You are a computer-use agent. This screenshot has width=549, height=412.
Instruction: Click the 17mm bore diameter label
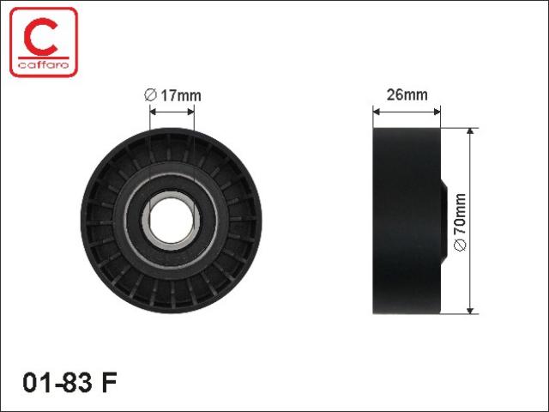pyautogui.click(x=172, y=95)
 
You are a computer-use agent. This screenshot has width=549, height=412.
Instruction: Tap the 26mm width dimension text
pyautogui.click(x=407, y=95)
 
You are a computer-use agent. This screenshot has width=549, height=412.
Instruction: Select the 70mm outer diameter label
pyautogui.click(x=460, y=221)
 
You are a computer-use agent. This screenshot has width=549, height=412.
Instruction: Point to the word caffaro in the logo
pyautogui.click(x=44, y=65)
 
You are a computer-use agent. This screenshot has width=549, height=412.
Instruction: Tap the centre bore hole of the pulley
pyautogui.click(x=172, y=221)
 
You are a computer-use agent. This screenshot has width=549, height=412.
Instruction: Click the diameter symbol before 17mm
pyautogui.click(x=150, y=95)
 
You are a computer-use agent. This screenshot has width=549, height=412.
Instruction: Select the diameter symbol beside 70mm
pyautogui.click(x=460, y=245)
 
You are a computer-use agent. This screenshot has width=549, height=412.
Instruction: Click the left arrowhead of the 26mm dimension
pyautogui.click(x=377, y=112)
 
